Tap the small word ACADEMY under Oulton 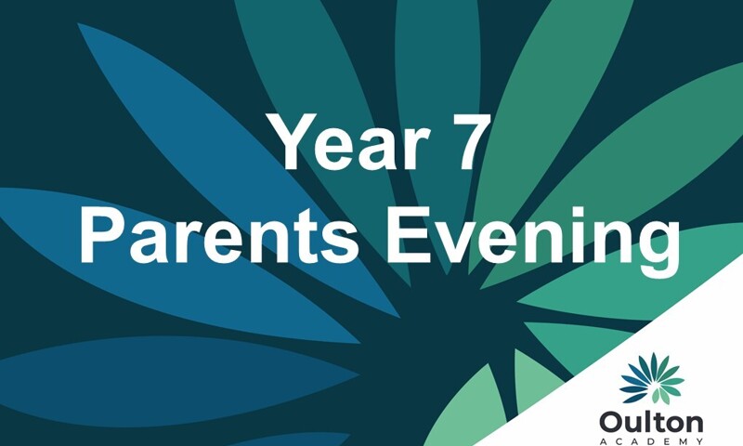(x=651, y=439)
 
